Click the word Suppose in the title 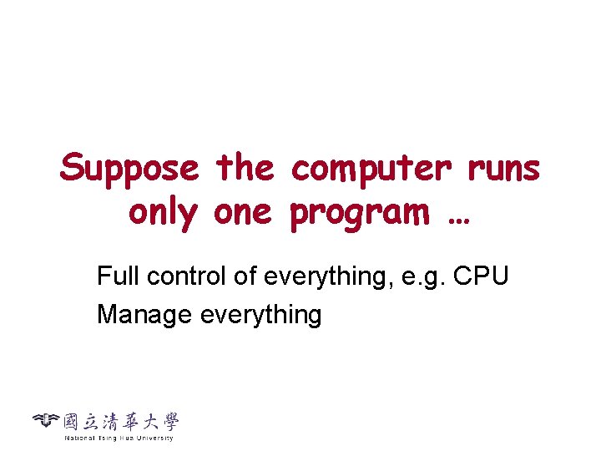click(129, 170)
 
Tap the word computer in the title click(371, 170)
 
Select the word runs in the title click(503, 170)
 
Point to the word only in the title click(162, 213)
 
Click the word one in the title click(243, 213)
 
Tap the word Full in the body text click(114, 276)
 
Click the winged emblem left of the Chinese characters click(47, 420)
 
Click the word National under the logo click(79, 438)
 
